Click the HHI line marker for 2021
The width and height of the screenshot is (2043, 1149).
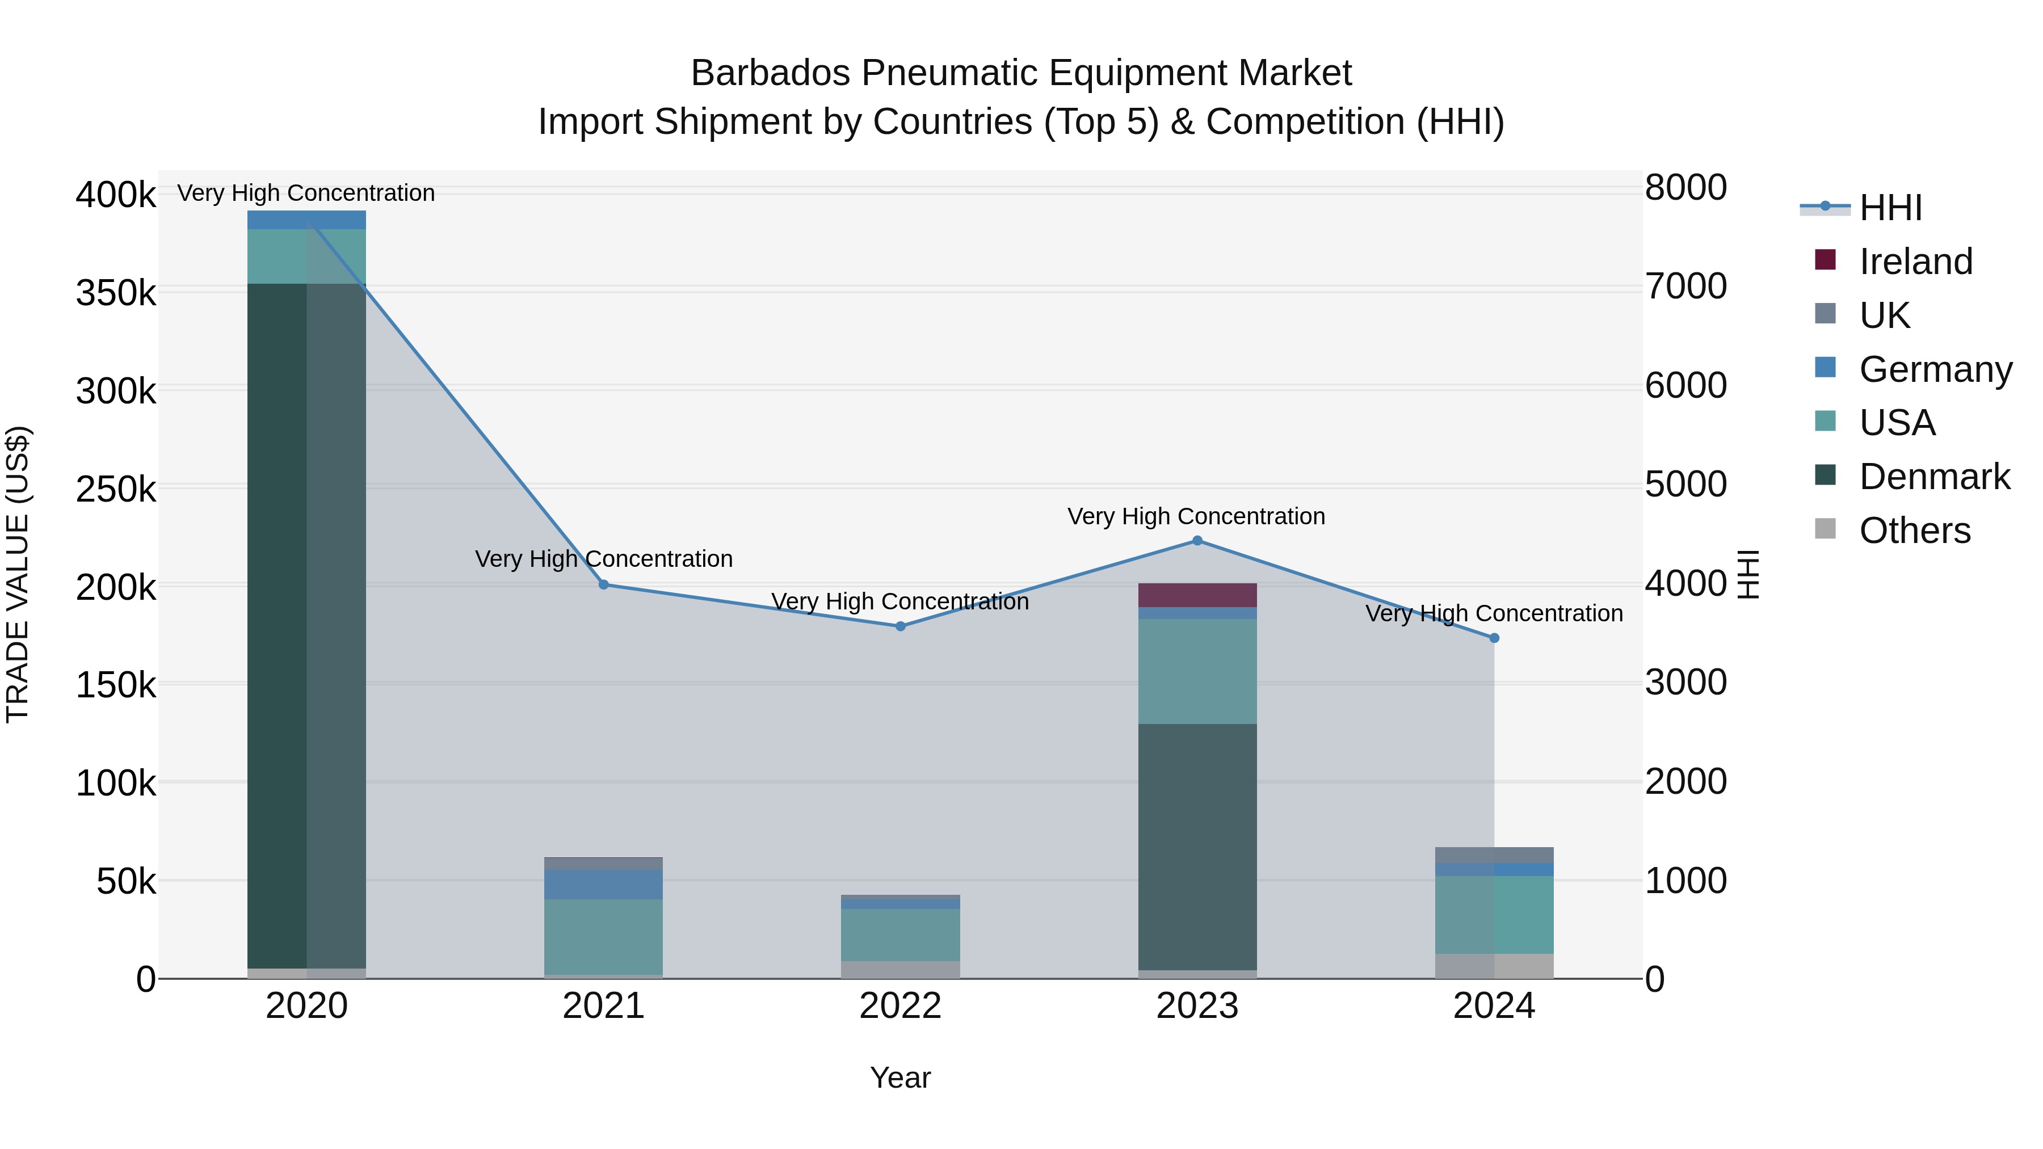[x=604, y=584]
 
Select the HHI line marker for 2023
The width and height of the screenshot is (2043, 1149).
[x=1197, y=541]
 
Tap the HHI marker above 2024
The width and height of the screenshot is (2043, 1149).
[x=1494, y=638]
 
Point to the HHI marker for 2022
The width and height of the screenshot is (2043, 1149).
[x=900, y=626]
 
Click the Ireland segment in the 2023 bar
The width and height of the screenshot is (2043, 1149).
[x=1197, y=595]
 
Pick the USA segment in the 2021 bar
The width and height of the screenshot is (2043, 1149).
[x=604, y=936]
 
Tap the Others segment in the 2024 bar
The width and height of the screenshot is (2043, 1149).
[x=1494, y=966]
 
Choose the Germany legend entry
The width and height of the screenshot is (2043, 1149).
[x=1935, y=369]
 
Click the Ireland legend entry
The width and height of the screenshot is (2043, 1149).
[x=1915, y=262]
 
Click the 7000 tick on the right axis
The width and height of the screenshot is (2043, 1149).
[x=1686, y=287]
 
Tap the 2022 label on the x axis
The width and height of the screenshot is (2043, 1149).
[x=900, y=1006]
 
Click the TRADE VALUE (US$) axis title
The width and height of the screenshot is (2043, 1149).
[x=18, y=574]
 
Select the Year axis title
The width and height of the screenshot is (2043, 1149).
[x=900, y=1078]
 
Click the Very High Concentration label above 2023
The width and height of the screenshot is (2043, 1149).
[x=1196, y=516]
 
